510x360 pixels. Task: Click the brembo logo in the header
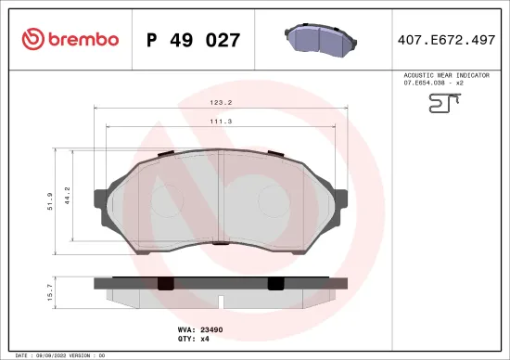[70, 39]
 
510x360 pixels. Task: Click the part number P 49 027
[194, 40]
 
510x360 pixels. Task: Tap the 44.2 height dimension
[67, 194]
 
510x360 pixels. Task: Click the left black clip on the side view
[165, 284]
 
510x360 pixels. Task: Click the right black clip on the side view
[274, 284]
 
